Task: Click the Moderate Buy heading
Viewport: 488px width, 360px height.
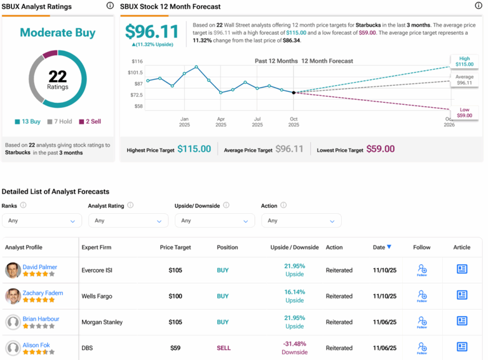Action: coord(58,32)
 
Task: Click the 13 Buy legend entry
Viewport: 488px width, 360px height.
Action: coord(27,121)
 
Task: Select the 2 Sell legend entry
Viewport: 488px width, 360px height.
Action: coord(90,121)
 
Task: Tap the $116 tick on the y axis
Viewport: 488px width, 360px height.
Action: coord(137,62)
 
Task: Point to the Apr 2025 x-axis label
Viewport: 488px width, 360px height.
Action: coord(220,122)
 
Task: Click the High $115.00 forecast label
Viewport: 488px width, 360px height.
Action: coord(464,61)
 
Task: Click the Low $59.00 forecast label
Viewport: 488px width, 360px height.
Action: coord(464,112)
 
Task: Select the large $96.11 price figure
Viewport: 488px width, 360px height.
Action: coord(152,32)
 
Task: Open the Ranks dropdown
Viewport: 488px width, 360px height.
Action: coord(42,220)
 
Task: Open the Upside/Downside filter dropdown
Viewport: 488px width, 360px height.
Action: coord(215,220)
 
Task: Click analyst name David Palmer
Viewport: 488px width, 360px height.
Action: coord(41,267)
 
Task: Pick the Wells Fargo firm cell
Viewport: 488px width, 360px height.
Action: coord(98,296)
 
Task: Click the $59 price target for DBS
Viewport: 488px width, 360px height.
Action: coord(175,348)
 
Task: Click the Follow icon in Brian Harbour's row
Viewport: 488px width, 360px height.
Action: coord(422,322)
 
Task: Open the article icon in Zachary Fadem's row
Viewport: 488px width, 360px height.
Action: coord(462,295)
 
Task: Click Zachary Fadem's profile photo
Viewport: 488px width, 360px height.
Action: coord(13,296)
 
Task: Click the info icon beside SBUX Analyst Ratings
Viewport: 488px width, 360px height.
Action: coord(110,6)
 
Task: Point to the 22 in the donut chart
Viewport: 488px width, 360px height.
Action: coord(58,76)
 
